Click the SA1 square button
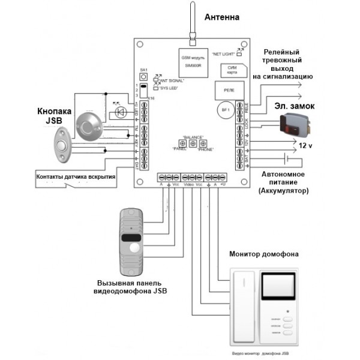143,79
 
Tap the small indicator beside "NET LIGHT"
240,50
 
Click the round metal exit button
90,124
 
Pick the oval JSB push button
62,146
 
